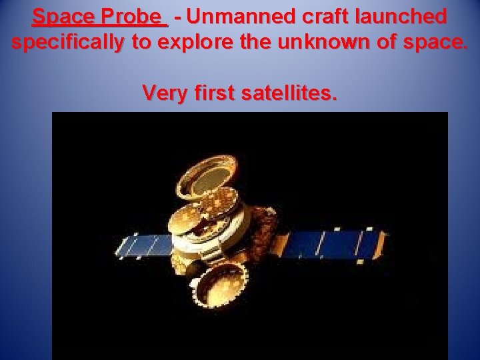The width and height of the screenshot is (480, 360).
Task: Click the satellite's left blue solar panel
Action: [144, 245]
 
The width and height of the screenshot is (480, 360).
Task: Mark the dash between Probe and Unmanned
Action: [178, 16]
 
